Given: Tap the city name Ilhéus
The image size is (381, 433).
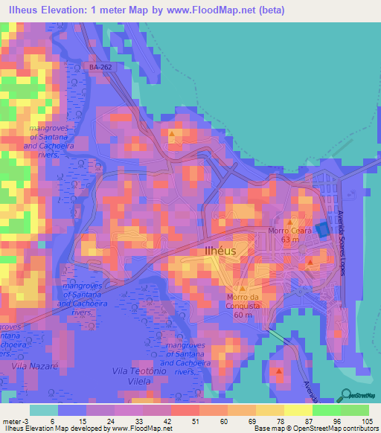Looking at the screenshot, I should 220,251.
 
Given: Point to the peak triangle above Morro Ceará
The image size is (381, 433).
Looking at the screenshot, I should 291,221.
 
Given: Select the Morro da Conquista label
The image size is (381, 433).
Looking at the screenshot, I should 243,301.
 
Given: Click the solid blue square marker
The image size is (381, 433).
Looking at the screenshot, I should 321,231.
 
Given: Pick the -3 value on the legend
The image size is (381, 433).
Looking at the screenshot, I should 27,420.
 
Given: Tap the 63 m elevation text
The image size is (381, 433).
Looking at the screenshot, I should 289,240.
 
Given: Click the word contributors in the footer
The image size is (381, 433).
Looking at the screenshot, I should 360,429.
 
